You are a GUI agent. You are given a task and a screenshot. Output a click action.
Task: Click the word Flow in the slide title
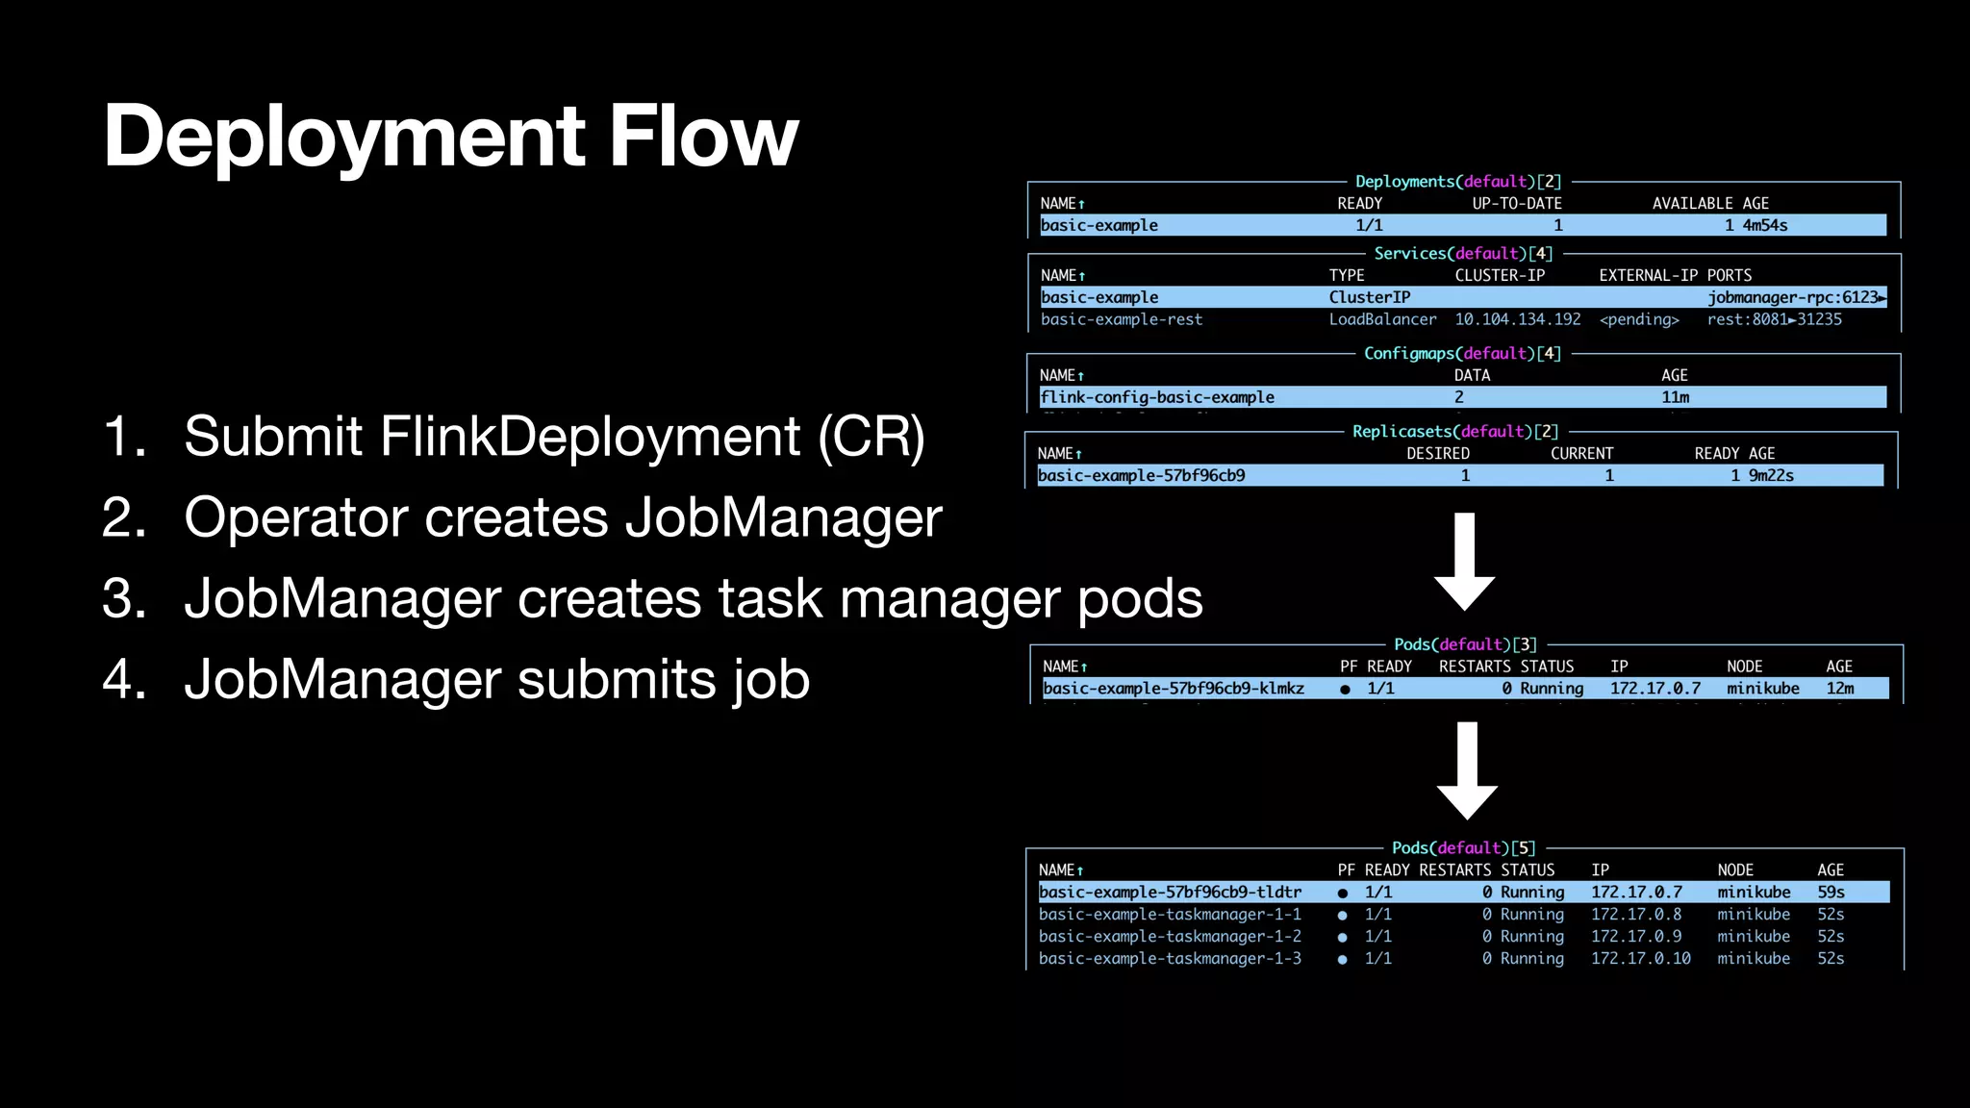pyautogui.click(x=703, y=137)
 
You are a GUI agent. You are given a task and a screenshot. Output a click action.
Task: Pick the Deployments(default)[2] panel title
pyautogui.click(x=1458, y=182)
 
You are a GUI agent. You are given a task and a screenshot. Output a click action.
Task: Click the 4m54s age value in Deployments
pyautogui.click(x=1765, y=225)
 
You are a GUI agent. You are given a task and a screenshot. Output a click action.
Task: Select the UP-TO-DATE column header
pyautogui.click(x=1517, y=204)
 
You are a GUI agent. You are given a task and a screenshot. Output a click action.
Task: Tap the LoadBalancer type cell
pyautogui.click(x=1382, y=319)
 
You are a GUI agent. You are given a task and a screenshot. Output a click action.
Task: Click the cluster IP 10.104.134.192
pyautogui.click(x=1517, y=319)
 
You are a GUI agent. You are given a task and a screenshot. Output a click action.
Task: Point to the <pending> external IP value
pyautogui.click(x=1639, y=319)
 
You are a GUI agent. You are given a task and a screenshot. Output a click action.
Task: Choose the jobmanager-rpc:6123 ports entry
pyautogui.click(x=1795, y=297)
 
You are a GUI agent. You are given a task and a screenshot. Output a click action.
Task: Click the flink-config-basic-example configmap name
pyautogui.click(x=1157, y=397)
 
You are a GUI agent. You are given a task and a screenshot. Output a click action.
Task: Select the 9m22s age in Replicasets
pyautogui.click(x=1771, y=475)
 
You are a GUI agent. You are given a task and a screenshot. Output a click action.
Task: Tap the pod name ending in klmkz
pyautogui.click(x=1174, y=689)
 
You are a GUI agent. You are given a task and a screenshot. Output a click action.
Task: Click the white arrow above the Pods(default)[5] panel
pyautogui.click(x=1467, y=769)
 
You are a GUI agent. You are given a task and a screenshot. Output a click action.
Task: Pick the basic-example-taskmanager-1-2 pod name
pyautogui.click(x=1170, y=937)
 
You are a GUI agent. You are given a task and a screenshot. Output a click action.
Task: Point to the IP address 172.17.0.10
pyautogui.click(x=1640, y=959)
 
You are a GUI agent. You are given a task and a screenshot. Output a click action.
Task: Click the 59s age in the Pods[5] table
pyautogui.click(x=1831, y=893)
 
